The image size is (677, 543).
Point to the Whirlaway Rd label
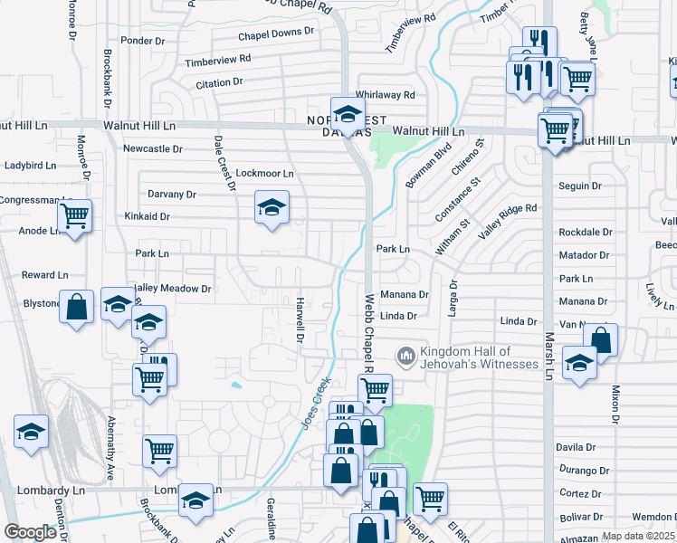[386, 95]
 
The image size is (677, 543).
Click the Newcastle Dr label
[153, 149]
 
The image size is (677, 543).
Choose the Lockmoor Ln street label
[264, 173]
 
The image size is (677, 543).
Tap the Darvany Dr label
[172, 195]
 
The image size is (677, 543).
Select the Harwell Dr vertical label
[298, 320]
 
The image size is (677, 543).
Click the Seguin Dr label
[580, 186]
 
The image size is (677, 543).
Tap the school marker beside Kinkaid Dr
[271, 207]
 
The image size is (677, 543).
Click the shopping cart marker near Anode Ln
[74, 216]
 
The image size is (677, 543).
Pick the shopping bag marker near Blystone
[78, 306]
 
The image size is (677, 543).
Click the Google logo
[30, 532]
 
